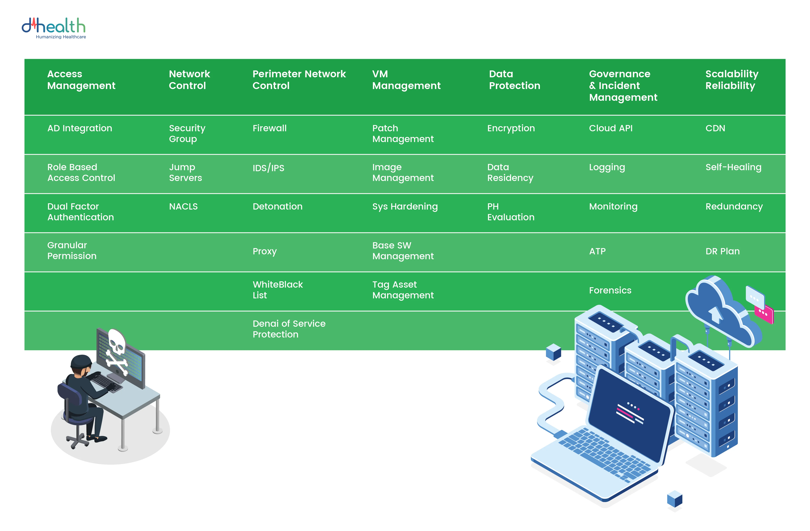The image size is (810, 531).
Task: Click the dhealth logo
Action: pyautogui.click(x=54, y=28)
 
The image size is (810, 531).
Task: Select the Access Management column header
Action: pyautogui.click(x=81, y=80)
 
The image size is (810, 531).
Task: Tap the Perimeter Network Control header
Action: pyautogui.click(x=299, y=80)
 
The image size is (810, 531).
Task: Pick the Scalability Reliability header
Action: pyautogui.click(x=732, y=80)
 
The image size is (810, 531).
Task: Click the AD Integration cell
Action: pyautogui.click(x=80, y=128)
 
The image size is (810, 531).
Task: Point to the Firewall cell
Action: pyautogui.click(x=270, y=128)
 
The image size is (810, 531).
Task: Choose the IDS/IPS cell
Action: pyautogui.click(x=268, y=168)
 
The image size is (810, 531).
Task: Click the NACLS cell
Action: pyautogui.click(x=183, y=206)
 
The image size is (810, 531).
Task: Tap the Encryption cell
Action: pyautogui.click(x=511, y=128)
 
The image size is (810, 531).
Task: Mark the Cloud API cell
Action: pyautogui.click(x=611, y=128)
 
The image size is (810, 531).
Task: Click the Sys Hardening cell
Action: pyautogui.click(x=405, y=207)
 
